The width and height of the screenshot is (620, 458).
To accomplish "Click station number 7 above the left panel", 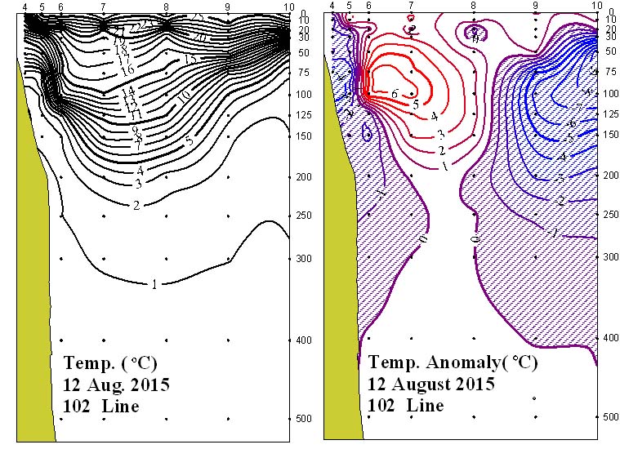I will click(x=103, y=7).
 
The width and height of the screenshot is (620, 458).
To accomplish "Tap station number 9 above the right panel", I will click(x=535, y=6).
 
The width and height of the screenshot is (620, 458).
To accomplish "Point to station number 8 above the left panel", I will click(x=166, y=7).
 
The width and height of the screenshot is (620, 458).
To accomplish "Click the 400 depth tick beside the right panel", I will click(x=609, y=337).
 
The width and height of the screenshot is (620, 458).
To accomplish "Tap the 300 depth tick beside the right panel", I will click(x=609, y=256).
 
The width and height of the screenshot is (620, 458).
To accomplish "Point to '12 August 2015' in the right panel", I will click(x=430, y=384).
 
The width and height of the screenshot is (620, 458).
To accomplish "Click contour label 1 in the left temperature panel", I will click(x=154, y=284).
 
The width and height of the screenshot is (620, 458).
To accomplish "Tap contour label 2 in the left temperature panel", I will click(x=136, y=205).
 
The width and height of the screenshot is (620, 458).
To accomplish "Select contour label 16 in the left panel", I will click(x=127, y=71).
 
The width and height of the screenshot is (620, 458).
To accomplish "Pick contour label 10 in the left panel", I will click(x=185, y=95).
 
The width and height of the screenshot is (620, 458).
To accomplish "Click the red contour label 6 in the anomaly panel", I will click(x=394, y=95).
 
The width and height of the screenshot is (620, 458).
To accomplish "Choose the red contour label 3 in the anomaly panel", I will click(x=440, y=134).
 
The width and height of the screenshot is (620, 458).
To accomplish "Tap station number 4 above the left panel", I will click(x=25, y=7).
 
